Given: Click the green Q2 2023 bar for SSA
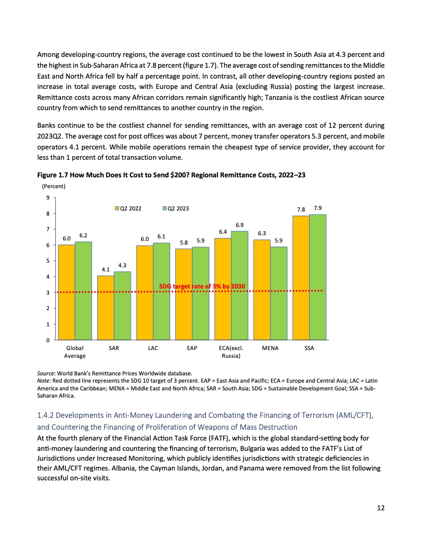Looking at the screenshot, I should tap(318, 277).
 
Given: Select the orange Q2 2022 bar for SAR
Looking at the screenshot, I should tap(106, 308).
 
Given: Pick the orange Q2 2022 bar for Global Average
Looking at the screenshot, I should tap(66, 292).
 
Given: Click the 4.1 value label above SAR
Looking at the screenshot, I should tap(106, 269).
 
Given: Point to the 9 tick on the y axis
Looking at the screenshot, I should tap(48, 198).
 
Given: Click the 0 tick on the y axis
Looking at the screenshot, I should tap(48, 340).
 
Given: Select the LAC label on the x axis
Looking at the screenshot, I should tap(153, 348).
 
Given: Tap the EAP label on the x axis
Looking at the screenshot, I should tap(192, 348).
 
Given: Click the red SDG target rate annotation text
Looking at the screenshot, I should tap(201, 286).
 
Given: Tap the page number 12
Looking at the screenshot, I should tap(380, 508).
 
